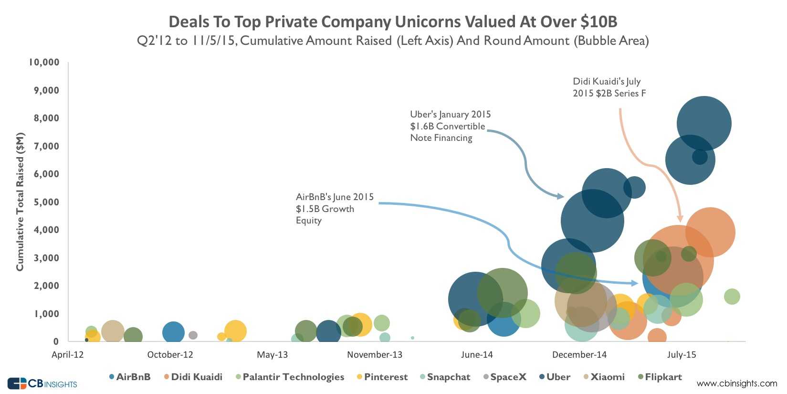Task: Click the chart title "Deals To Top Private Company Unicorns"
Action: [x=393, y=22]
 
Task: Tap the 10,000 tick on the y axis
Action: [x=44, y=62]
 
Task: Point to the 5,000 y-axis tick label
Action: [x=46, y=202]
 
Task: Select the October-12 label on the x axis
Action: [x=170, y=355]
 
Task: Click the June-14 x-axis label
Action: [x=477, y=355]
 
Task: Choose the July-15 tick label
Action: [x=682, y=355]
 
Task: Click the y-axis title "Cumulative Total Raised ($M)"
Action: [x=20, y=202]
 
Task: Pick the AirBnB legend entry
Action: [x=130, y=377]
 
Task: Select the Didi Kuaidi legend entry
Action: [x=193, y=377]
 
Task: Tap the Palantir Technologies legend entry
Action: [x=290, y=377]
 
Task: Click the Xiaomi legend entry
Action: [x=603, y=377]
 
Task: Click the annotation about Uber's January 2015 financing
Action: [x=450, y=126]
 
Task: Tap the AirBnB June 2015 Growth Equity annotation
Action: [x=335, y=209]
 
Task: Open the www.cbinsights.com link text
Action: [x=736, y=383]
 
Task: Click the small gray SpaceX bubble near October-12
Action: [x=193, y=335]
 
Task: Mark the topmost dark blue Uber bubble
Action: [x=703, y=123]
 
